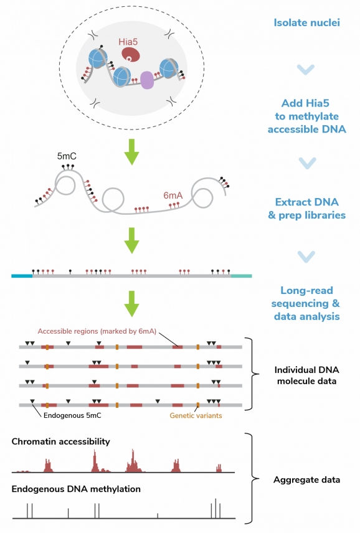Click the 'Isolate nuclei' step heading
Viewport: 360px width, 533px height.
click(306, 23)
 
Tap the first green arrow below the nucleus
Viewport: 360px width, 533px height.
click(131, 152)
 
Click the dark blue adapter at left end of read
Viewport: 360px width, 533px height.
click(22, 275)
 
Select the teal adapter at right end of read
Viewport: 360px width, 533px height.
click(241, 275)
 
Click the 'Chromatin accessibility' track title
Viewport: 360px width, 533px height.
click(60, 441)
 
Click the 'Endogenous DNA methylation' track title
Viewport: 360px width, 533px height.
click(76, 489)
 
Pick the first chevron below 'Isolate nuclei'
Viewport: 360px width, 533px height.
click(306, 70)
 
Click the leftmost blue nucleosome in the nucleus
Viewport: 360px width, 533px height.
click(98, 57)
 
